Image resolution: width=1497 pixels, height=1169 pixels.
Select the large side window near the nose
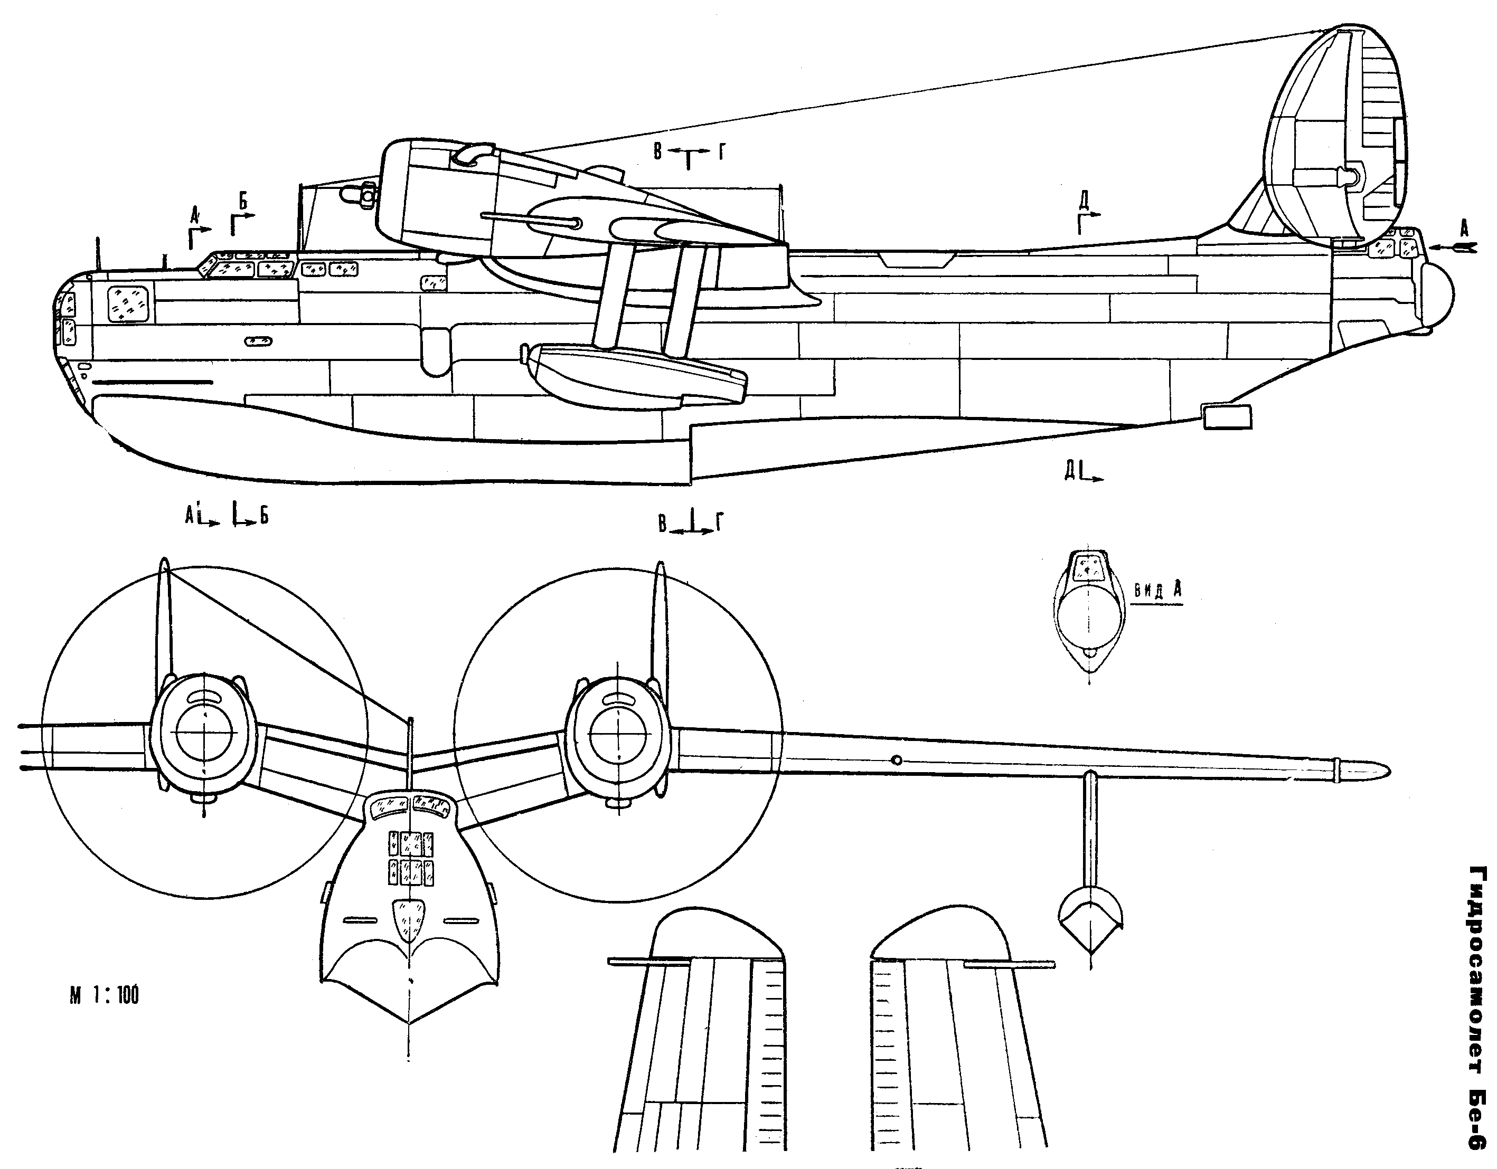coord(129,302)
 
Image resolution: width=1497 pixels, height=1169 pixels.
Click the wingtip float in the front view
coord(1090,918)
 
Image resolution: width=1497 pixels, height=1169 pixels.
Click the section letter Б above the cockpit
coord(243,200)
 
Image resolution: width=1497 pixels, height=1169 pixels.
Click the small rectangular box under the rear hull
coord(1227,416)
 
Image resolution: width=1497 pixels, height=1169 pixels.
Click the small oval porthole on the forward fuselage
coord(258,340)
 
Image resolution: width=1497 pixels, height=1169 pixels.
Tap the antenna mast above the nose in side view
coord(99,253)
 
